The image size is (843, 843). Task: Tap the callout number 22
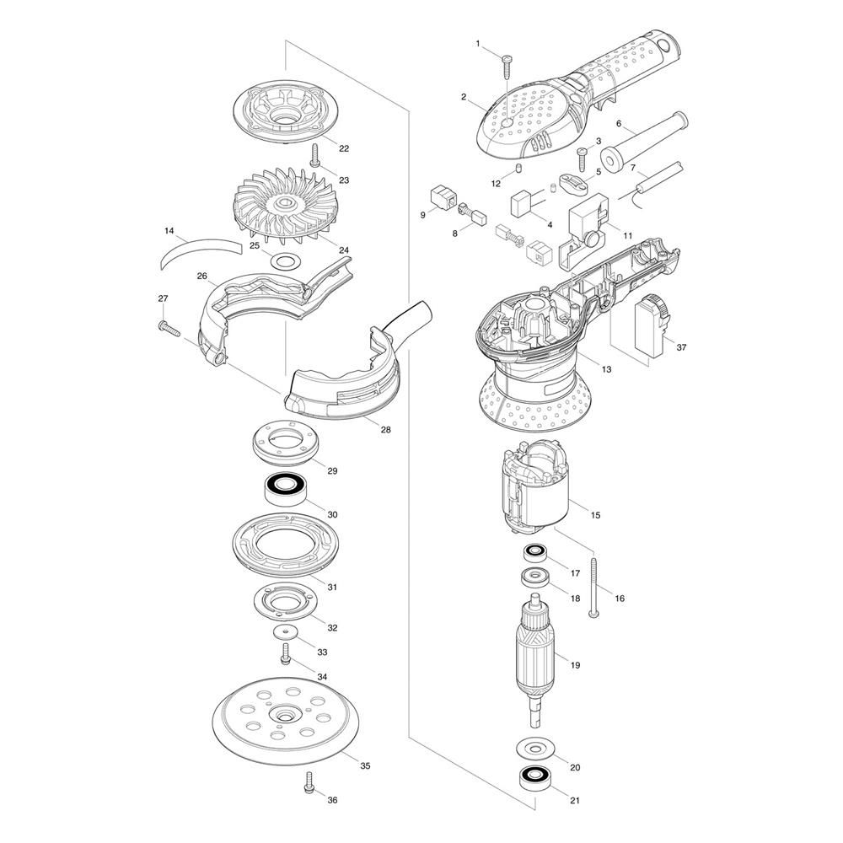click(344, 148)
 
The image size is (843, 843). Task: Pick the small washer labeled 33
click(284, 631)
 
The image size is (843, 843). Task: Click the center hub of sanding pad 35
click(284, 716)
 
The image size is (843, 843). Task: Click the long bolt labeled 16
click(593, 588)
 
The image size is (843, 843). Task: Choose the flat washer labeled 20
click(534, 747)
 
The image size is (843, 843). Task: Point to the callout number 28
click(385, 430)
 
